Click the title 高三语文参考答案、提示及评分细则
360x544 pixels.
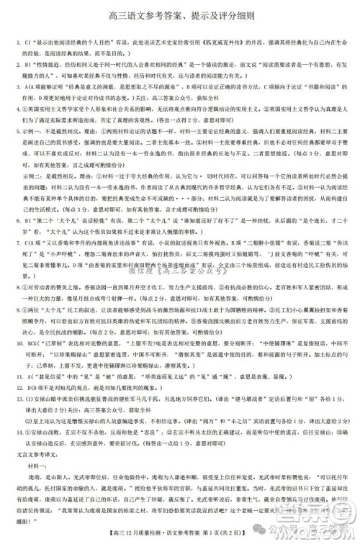tap(179, 15)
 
